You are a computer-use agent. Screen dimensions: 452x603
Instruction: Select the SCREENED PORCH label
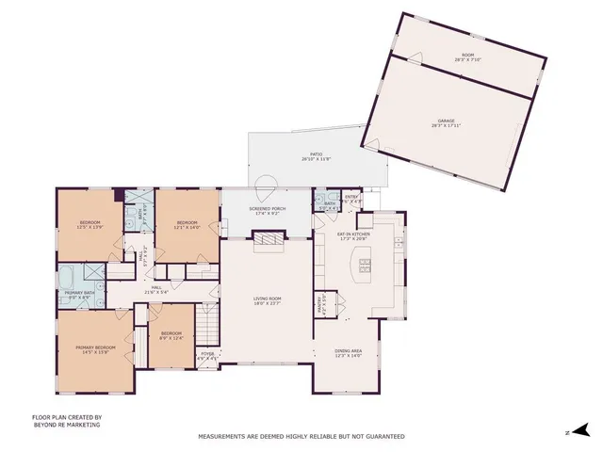(269, 209)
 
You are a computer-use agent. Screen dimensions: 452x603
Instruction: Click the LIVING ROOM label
(268, 298)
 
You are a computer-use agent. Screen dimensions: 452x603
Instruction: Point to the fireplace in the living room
(268, 241)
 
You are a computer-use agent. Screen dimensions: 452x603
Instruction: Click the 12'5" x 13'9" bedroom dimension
(89, 227)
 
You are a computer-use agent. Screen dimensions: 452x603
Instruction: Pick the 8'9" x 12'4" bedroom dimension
(171, 338)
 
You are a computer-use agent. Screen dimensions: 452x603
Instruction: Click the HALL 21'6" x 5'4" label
(155, 289)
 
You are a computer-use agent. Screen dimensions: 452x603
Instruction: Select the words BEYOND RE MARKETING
(66, 425)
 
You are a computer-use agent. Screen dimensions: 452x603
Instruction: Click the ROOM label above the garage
(467, 56)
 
